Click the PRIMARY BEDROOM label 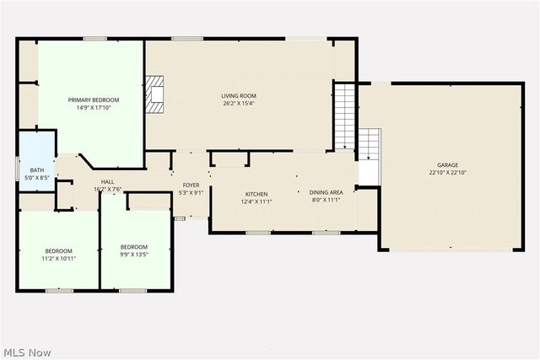94,99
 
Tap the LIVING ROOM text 239,95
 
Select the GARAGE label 447,164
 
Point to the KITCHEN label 256,193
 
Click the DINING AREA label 327,192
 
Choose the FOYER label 191,185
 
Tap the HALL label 108,181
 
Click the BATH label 37,170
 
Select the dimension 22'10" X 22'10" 447,172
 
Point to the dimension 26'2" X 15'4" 239,103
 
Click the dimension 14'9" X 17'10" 94,107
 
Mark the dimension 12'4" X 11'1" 256,201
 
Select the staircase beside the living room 344,114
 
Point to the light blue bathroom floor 35,152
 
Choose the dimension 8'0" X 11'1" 327,200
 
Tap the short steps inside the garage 370,145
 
